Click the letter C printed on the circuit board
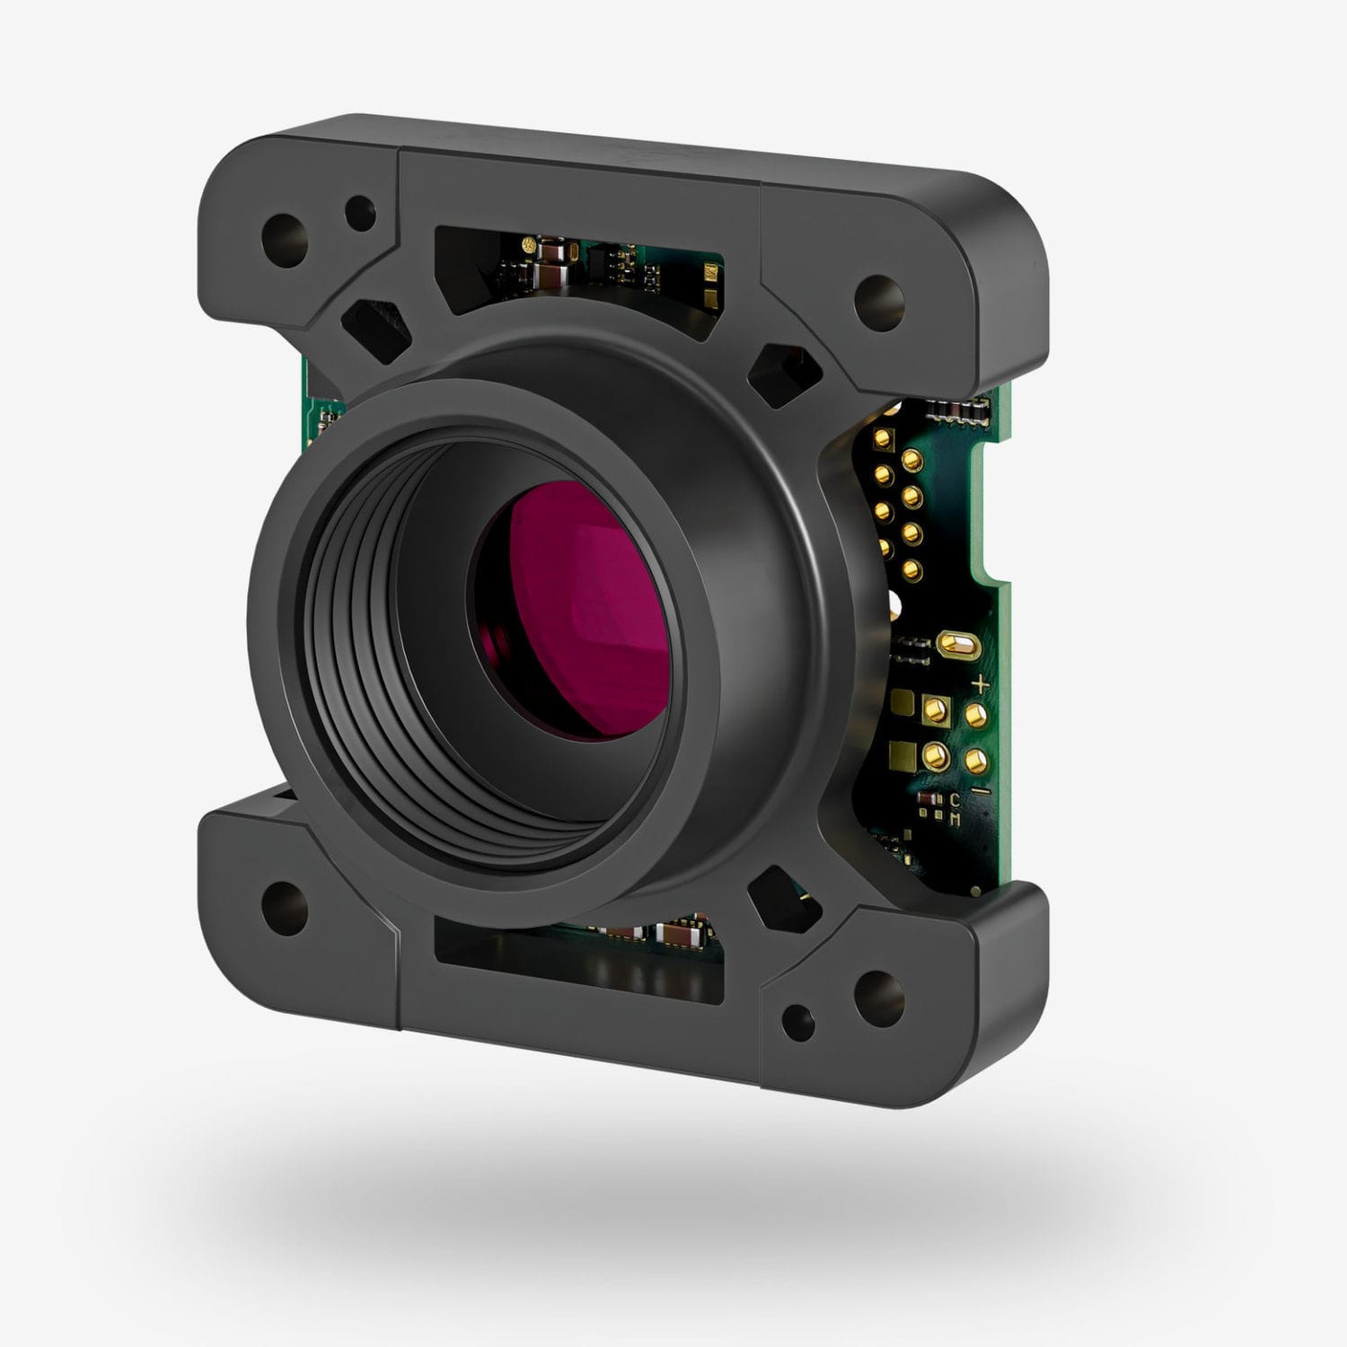[x=955, y=798]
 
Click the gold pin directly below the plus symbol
[x=975, y=716]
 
